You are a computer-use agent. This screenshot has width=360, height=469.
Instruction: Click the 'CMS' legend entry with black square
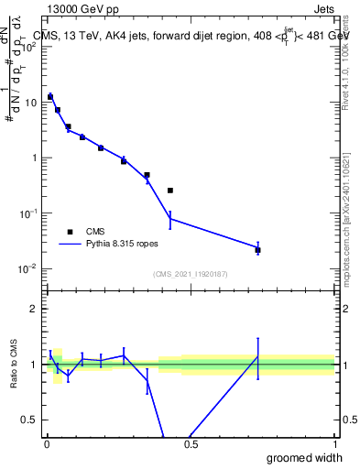click(x=101, y=232)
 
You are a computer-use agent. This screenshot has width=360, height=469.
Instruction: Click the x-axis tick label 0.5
click(x=190, y=443)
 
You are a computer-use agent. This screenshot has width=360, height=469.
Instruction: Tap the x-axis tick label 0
click(x=46, y=443)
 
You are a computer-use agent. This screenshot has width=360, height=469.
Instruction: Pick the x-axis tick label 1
click(x=333, y=443)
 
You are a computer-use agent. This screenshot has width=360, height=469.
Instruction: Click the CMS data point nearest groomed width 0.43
click(x=170, y=191)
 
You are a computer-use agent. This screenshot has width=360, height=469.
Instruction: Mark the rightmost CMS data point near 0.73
click(x=257, y=250)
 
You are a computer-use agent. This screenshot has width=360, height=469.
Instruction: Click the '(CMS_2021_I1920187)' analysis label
click(x=190, y=274)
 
